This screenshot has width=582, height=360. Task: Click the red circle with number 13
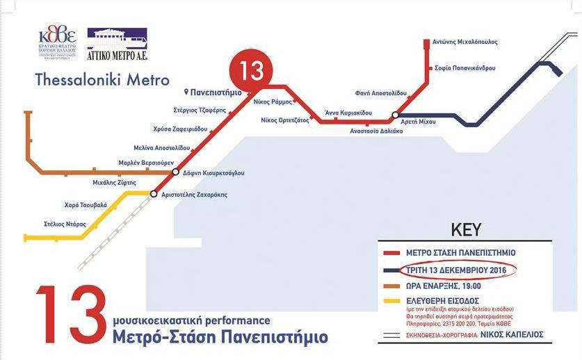pos(251,71)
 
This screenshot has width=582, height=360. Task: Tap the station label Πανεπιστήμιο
pos(217,92)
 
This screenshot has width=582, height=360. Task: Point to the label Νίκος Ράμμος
pos(273,102)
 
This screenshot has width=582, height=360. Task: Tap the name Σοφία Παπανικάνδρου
pos(465,69)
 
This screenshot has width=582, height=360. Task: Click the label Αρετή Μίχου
pos(419,122)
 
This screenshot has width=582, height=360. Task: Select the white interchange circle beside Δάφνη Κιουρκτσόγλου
pos(175,172)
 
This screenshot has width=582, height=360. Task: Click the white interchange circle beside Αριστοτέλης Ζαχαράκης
pos(154,195)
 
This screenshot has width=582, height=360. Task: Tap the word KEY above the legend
pos(467,229)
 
